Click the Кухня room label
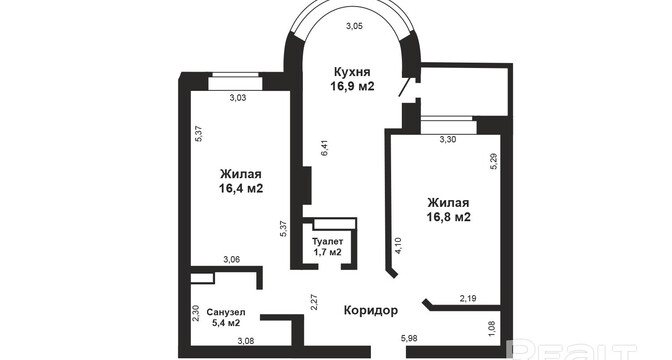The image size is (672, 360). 352,72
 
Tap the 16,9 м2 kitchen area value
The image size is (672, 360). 352,86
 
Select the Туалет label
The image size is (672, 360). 327,241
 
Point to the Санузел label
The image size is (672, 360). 226,312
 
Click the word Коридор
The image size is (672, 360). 371,310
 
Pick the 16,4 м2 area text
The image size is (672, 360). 241,189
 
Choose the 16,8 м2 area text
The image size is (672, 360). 449,217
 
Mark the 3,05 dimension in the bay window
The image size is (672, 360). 354,26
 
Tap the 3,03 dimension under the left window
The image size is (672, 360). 238,98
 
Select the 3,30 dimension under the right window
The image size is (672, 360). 448,139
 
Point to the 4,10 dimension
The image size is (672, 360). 399,246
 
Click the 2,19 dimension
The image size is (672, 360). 468,299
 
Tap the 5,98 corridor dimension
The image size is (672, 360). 409,339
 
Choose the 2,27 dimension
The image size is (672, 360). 314,302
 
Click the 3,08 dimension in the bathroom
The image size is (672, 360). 246,341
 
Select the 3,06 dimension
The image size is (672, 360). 231,259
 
